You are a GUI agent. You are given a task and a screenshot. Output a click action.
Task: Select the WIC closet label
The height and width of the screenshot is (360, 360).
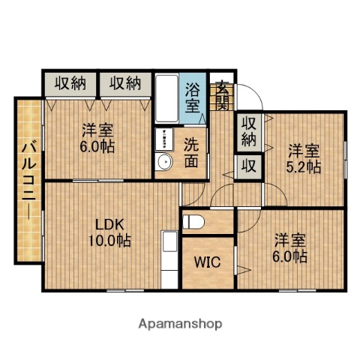click(x=208, y=262)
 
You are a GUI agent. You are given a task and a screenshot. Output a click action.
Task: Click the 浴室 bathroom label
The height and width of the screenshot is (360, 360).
click(x=193, y=97)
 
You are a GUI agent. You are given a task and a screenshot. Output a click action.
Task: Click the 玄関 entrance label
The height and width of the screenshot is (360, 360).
click(x=223, y=96)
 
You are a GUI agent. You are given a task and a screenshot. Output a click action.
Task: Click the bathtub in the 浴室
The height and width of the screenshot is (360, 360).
click(x=166, y=98)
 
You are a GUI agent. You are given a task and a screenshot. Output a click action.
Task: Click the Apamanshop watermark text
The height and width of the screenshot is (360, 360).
click(x=180, y=325)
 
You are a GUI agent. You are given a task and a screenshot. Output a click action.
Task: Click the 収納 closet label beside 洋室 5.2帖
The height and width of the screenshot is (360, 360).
click(x=249, y=131)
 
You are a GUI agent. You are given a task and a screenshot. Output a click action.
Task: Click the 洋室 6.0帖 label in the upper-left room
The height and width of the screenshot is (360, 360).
click(x=98, y=137)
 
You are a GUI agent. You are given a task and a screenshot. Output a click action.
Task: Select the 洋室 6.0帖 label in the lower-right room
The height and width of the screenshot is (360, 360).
click(x=289, y=247)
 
